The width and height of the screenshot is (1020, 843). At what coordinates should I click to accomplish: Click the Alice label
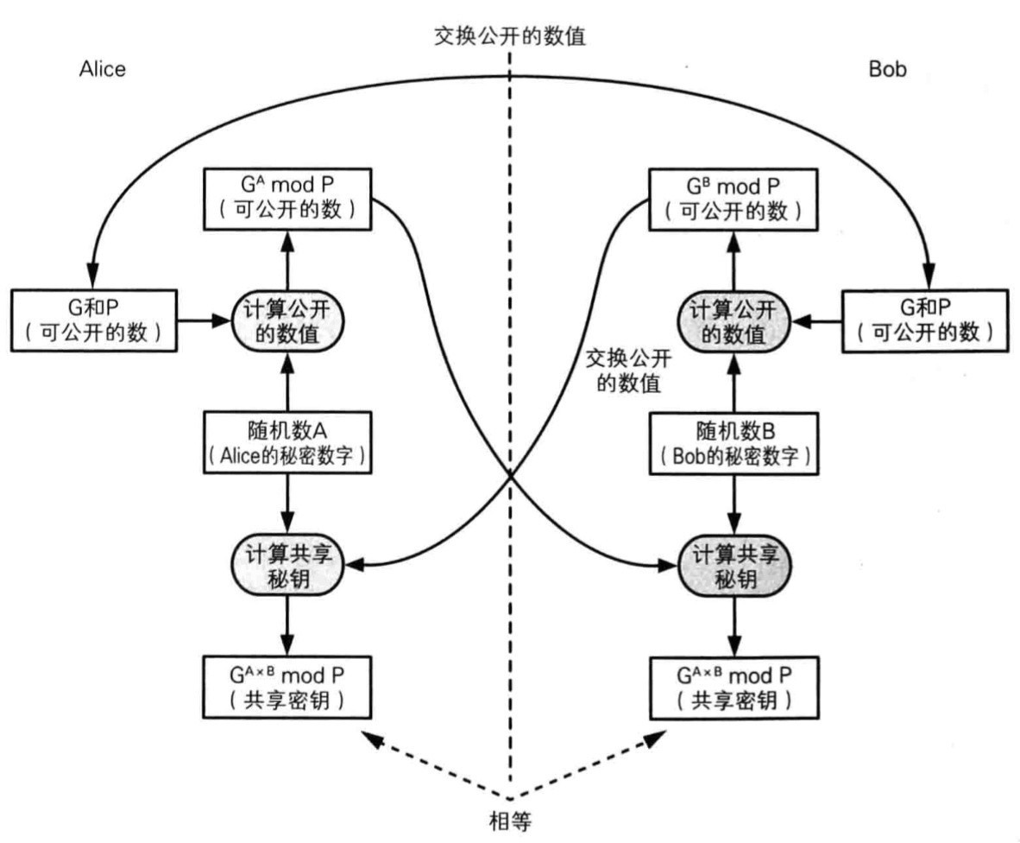coord(102,69)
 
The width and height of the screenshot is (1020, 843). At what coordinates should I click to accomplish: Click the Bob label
coord(887,69)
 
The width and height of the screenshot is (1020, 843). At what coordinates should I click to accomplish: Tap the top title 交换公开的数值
coord(514,36)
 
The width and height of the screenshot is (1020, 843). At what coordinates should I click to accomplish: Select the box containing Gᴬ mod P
coord(287,198)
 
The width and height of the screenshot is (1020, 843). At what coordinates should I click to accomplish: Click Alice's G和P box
coord(95,320)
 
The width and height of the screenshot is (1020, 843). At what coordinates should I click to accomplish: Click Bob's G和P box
coord(925,320)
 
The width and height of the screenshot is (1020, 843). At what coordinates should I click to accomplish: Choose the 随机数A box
coord(287,442)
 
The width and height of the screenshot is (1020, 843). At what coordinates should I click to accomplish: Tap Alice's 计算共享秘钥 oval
coord(287,565)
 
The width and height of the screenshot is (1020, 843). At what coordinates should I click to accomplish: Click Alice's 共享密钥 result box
coord(287,687)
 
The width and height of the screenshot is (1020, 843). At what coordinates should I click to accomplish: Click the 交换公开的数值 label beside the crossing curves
coord(624,370)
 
